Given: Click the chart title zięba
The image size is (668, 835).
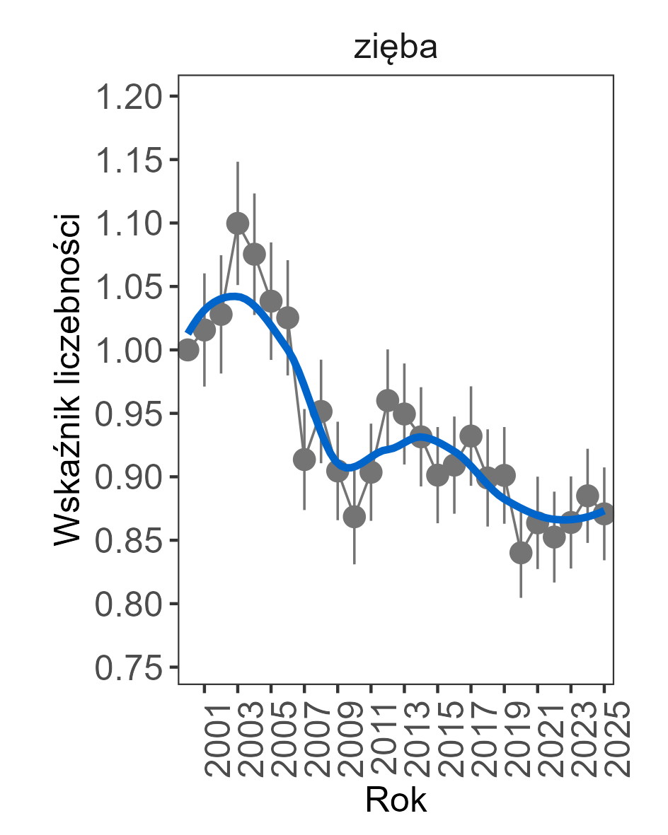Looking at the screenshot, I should click(396, 49).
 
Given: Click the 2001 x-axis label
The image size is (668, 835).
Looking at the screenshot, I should click(205, 740).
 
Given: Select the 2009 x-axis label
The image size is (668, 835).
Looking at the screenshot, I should click(338, 740).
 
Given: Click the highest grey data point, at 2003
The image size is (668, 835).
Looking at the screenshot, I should click(238, 223).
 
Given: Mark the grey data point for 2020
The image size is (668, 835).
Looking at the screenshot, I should click(521, 553).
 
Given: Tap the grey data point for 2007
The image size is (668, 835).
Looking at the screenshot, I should click(304, 460).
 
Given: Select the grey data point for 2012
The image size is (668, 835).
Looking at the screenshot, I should click(388, 401).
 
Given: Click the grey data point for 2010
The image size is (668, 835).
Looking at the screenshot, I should click(355, 517).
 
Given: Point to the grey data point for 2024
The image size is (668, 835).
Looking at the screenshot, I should click(587, 495).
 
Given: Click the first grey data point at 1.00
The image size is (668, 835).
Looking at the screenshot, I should click(188, 349).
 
